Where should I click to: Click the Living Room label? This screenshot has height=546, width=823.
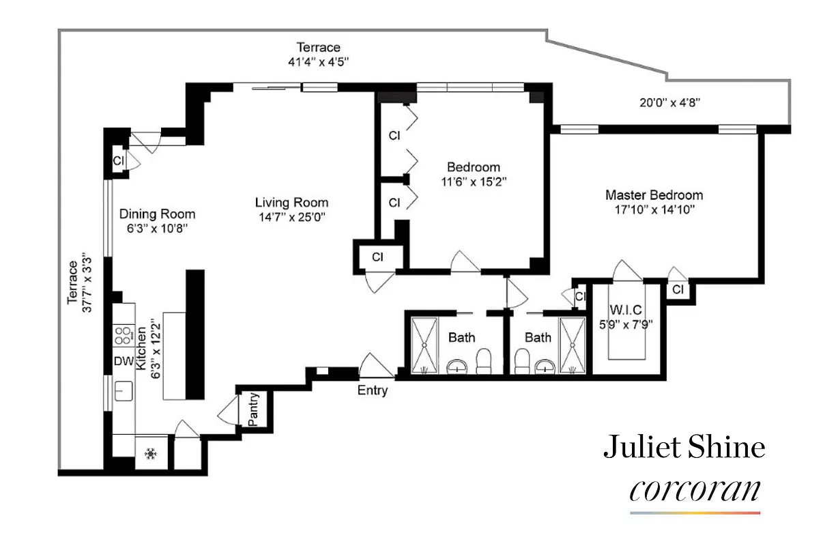point(291,203)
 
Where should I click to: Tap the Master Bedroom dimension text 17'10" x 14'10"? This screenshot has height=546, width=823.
point(654,210)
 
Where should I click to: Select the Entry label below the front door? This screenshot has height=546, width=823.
point(373,391)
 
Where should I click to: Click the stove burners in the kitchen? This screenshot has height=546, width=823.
point(123,336)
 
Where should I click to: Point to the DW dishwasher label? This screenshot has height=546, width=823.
point(123,360)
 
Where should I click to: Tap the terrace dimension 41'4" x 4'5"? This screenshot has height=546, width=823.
point(318,61)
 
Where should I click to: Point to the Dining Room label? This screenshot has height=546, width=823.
point(157,214)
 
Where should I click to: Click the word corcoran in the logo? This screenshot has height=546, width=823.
point(695,490)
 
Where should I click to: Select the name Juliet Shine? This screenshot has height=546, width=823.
point(684,448)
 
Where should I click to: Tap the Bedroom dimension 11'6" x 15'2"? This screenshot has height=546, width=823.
point(473,182)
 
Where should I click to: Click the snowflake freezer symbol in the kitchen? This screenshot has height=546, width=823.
point(151,453)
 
